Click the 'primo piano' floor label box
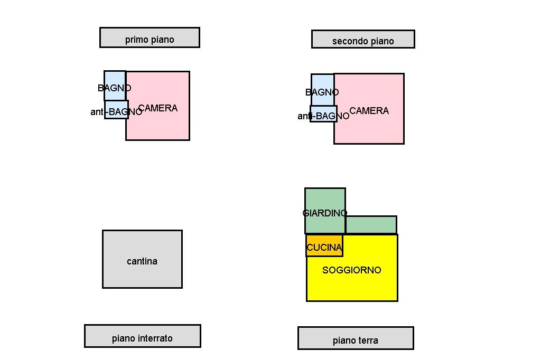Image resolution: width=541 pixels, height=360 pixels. click(150, 37)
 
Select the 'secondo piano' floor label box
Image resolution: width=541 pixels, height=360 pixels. click(363, 39)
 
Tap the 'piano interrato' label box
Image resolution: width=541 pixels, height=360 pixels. click(142, 336)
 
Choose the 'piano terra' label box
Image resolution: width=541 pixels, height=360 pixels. click(356, 338)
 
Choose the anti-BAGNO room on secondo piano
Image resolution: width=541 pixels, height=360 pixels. click(323, 115)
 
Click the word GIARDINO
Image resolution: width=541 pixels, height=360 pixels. click(325, 213)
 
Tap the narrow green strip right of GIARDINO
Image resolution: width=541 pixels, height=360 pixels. click(371, 225)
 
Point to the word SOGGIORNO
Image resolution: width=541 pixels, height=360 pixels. click(352, 270)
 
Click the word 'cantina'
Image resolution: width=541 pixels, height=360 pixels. click(142, 261)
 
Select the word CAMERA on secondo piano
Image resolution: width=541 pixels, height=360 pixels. click(369, 111)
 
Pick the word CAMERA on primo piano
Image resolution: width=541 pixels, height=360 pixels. click(158, 108)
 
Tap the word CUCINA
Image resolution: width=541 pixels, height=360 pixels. click(324, 248)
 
